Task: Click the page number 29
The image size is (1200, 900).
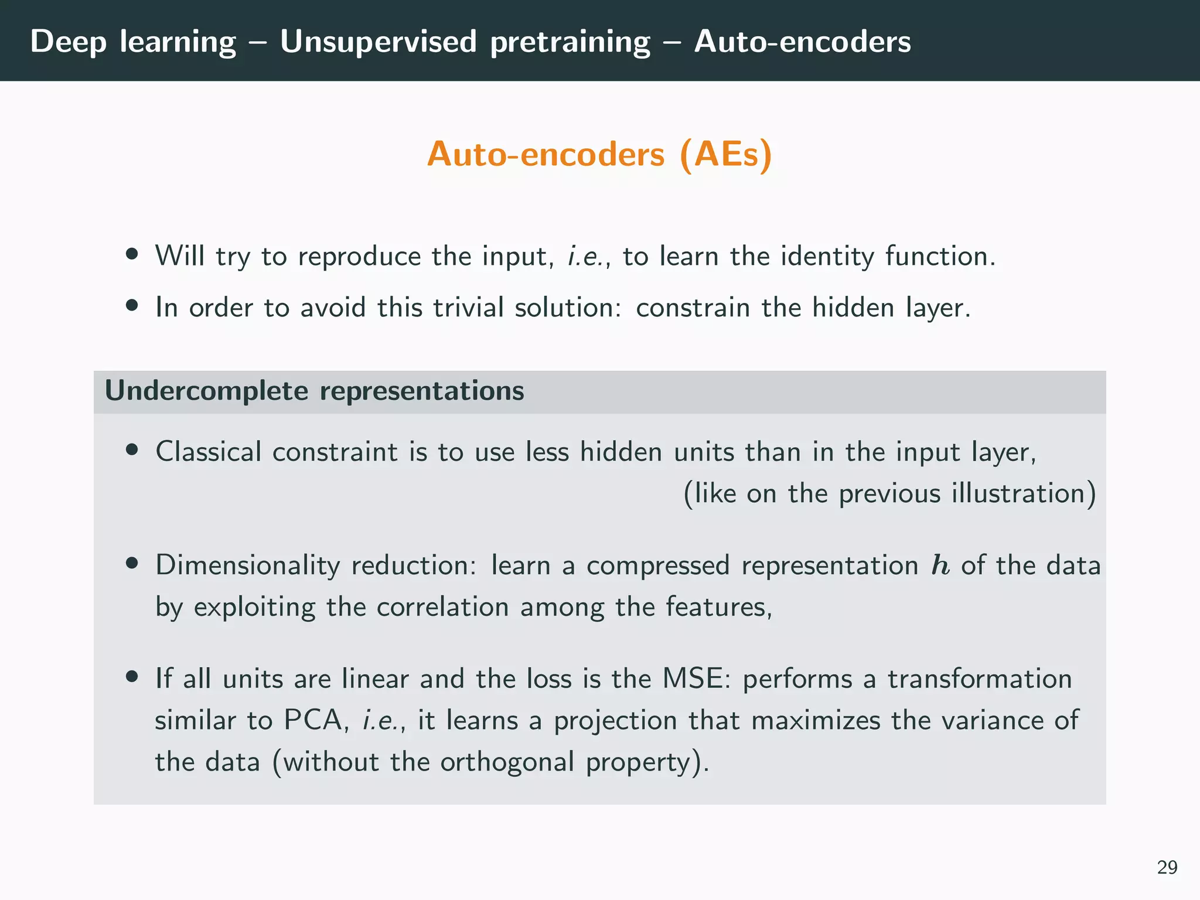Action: tap(1167, 867)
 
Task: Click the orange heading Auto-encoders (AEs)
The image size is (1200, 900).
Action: tap(599, 155)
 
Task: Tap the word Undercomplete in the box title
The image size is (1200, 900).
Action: tap(206, 391)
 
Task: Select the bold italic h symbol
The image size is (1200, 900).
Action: tap(940, 566)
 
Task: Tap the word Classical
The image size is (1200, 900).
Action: tap(208, 452)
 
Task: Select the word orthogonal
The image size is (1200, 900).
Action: tap(507, 762)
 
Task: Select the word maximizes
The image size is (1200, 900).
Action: tap(816, 721)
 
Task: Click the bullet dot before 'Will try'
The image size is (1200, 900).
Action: tap(132, 255)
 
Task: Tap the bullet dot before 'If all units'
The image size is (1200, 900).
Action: tap(132, 677)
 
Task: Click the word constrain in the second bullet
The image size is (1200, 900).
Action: tap(693, 308)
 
